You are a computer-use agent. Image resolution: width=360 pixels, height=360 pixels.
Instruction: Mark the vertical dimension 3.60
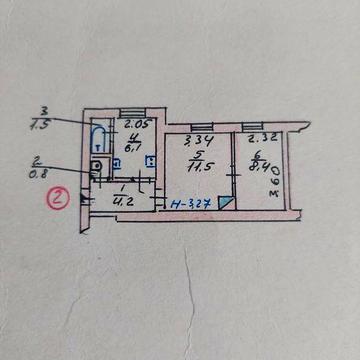(276, 185)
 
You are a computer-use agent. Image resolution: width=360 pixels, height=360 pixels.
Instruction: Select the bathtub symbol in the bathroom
(98, 137)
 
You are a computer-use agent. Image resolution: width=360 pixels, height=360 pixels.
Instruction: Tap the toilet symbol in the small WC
(96, 167)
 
